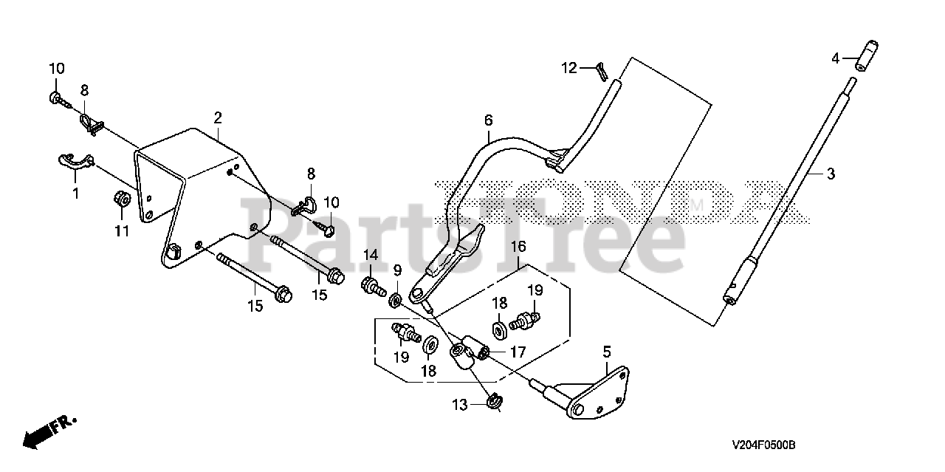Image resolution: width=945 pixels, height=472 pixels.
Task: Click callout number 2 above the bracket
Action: (218, 117)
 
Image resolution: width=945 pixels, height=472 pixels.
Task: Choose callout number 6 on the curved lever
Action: (488, 120)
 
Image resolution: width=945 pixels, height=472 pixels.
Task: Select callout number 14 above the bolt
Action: (370, 255)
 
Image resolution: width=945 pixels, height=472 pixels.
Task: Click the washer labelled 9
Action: (395, 299)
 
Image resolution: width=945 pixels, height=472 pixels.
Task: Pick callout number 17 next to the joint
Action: (518, 352)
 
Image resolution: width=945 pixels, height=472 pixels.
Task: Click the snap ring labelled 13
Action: (495, 401)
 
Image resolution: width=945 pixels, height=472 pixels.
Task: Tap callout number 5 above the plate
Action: (606, 351)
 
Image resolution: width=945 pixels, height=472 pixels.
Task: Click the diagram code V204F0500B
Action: (763, 445)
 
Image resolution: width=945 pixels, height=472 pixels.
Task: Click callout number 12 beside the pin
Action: (568, 68)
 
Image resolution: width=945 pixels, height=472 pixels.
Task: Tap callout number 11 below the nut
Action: (122, 231)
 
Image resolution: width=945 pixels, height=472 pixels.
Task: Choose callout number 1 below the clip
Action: (75, 194)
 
